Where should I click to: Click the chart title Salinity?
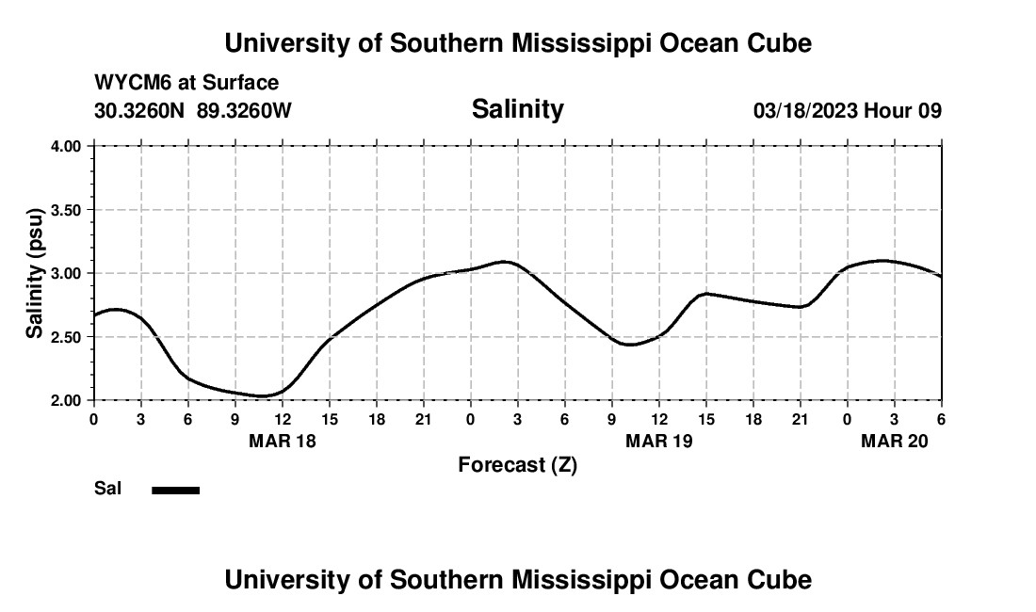(x=517, y=109)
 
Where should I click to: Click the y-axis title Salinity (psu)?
(x=34, y=273)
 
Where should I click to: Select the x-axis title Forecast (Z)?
(x=517, y=465)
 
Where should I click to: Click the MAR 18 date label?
(x=283, y=441)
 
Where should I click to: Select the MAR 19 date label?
(x=659, y=441)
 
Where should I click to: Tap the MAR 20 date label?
(x=895, y=441)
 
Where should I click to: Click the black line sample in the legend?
(x=176, y=490)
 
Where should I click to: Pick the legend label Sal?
(x=106, y=489)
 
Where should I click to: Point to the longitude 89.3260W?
(x=244, y=111)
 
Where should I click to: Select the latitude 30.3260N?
(x=141, y=111)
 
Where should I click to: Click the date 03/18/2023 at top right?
(x=805, y=111)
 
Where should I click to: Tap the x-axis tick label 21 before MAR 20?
(x=801, y=419)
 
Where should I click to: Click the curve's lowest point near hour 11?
(x=264, y=396)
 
